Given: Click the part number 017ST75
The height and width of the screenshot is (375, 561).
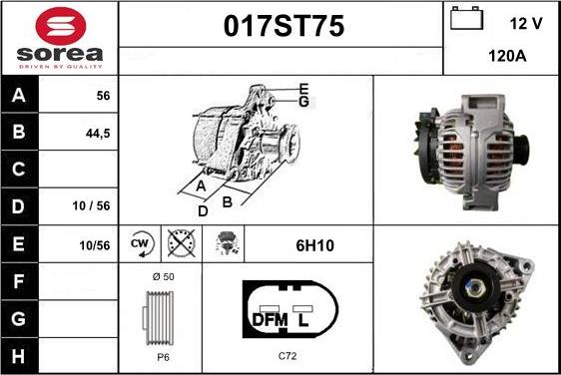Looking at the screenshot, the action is (x=283, y=26).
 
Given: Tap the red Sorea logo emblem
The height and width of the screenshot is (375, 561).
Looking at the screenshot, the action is (x=61, y=26).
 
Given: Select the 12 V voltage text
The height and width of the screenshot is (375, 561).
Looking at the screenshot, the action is (x=526, y=24).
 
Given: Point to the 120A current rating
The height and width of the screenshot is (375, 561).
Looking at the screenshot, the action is (x=507, y=56).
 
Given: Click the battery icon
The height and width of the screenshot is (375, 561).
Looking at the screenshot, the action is (x=467, y=18).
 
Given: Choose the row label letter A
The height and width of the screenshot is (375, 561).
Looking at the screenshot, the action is (x=19, y=96).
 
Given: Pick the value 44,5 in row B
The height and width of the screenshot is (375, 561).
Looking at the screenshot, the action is (x=98, y=134).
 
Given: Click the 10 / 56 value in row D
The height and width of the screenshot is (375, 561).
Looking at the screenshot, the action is (x=91, y=205).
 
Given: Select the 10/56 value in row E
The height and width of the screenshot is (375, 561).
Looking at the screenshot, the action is (x=95, y=245).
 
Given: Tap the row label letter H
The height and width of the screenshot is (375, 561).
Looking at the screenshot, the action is (x=18, y=356).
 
